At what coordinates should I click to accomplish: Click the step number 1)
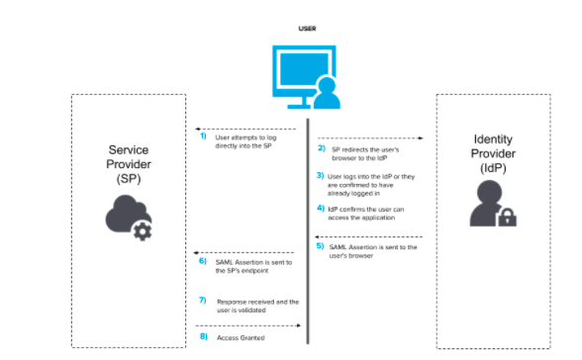(x=203, y=136)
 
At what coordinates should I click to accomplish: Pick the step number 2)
(x=321, y=148)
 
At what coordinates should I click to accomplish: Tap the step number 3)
(x=321, y=176)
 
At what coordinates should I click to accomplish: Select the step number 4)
(x=321, y=209)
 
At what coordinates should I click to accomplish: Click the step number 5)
(x=321, y=247)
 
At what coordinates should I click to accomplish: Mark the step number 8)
(x=203, y=336)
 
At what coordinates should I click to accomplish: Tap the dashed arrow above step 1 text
(x=246, y=129)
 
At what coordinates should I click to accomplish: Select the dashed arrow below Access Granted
(x=246, y=325)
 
